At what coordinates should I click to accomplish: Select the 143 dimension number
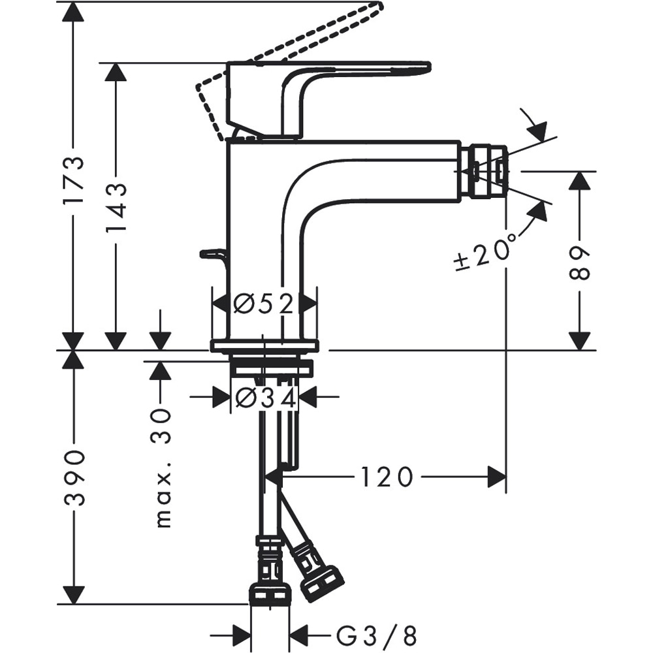click(116, 208)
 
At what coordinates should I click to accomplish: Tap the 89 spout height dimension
click(579, 263)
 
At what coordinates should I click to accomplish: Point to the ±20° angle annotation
click(486, 251)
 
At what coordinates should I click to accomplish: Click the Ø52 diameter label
click(264, 303)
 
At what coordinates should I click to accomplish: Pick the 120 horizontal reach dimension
click(387, 477)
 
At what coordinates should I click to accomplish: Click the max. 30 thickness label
click(161, 468)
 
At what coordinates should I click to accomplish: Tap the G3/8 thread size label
click(377, 634)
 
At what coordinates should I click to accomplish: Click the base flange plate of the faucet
click(264, 346)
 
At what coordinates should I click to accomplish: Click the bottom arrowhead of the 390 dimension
click(73, 595)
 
